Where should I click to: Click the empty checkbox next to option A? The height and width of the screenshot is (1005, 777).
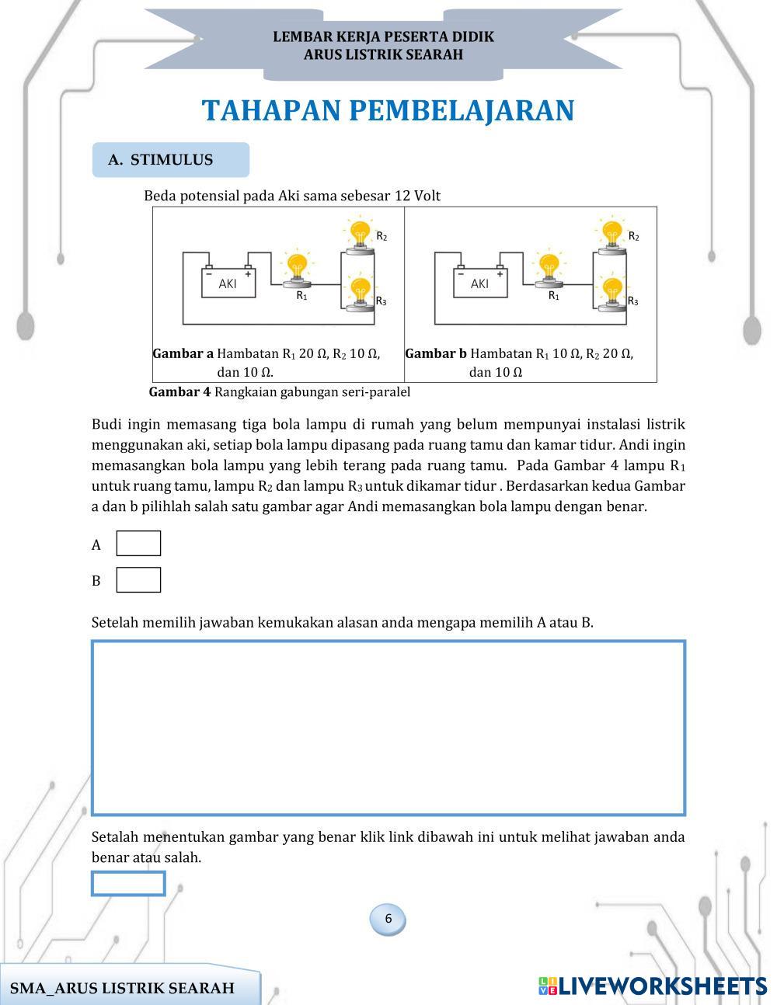[x=138, y=544]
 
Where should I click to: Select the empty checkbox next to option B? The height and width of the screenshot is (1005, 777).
[x=138, y=580]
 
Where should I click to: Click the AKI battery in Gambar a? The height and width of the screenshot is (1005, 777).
[x=228, y=283]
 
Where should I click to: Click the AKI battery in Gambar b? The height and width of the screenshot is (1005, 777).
[x=480, y=283]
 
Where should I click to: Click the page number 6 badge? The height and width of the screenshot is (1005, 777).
[x=388, y=920]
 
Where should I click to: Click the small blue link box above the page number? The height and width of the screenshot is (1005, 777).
[x=128, y=884]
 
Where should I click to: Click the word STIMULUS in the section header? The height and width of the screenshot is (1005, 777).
[x=172, y=160]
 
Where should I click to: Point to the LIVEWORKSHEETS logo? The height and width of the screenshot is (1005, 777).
[x=652, y=986]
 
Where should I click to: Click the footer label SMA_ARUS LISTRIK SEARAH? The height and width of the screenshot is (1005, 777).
[x=122, y=989]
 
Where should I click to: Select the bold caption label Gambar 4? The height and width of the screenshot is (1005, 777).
[x=179, y=392]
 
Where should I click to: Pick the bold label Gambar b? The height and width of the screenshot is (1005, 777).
[x=436, y=354]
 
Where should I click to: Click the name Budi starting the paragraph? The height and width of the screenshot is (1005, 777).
[x=107, y=425]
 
